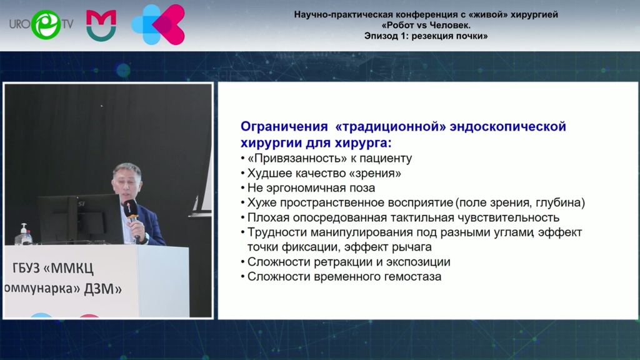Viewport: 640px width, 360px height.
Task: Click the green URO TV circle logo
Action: (46, 24)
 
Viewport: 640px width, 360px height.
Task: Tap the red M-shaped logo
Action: (101, 25)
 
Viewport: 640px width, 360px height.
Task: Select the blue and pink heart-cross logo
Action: (158, 24)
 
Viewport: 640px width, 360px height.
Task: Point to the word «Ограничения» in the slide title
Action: (284, 126)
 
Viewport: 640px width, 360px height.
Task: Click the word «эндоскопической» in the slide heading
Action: (507, 126)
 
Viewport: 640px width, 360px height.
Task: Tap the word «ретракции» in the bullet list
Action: (350, 262)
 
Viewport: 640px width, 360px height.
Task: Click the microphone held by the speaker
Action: (132, 217)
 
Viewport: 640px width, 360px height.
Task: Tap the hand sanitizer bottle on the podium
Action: (24, 234)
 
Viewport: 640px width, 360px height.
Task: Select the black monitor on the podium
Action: (81, 219)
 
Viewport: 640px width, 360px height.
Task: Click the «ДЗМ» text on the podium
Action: (102, 289)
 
